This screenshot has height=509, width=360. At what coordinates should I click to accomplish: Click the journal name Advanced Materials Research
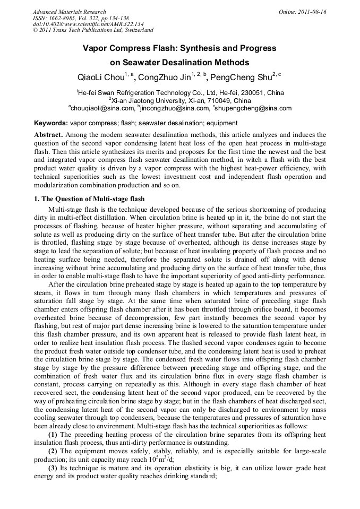point(70,12)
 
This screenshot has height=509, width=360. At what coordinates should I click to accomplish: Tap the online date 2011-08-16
point(313,12)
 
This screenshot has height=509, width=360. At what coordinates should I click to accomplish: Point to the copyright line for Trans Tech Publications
point(93,30)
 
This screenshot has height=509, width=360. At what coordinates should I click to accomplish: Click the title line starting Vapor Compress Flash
point(179,48)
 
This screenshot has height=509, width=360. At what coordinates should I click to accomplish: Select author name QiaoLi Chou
point(101,77)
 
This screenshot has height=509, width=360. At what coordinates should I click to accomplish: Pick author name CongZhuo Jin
point(165,77)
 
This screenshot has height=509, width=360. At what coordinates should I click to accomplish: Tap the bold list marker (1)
point(53,435)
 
